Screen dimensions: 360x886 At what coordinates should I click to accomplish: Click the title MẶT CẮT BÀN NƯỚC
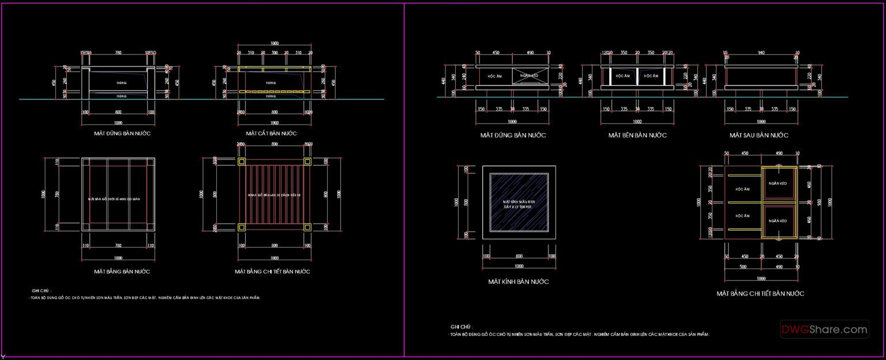(271, 133)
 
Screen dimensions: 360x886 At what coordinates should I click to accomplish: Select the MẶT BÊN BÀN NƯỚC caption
(637, 135)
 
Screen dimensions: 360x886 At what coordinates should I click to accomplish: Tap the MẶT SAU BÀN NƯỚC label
(759, 135)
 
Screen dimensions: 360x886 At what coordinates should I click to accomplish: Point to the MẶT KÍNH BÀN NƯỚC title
(518, 282)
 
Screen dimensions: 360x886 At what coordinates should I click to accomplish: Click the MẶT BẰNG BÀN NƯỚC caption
(122, 271)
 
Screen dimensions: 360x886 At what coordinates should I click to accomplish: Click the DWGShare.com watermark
(824, 329)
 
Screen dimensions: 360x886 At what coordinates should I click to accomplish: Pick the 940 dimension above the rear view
(760, 52)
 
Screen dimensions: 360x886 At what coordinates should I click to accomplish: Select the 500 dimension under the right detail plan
(744, 267)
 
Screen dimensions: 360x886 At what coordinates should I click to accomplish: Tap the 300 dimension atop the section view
(275, 52)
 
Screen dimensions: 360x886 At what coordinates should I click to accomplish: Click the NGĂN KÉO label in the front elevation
(528, 76)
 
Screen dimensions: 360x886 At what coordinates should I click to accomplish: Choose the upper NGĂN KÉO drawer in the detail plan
(778, 183)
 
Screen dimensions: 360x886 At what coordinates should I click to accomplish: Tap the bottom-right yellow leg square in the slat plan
(307, 227)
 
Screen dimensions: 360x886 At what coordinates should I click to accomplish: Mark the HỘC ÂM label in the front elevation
(495, 76)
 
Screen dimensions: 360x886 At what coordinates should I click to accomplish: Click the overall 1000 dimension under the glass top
(519, 266)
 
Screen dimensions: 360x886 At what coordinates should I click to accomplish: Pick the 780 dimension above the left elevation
(118, 52)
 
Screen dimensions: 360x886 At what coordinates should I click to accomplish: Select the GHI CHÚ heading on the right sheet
(461, 327)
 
